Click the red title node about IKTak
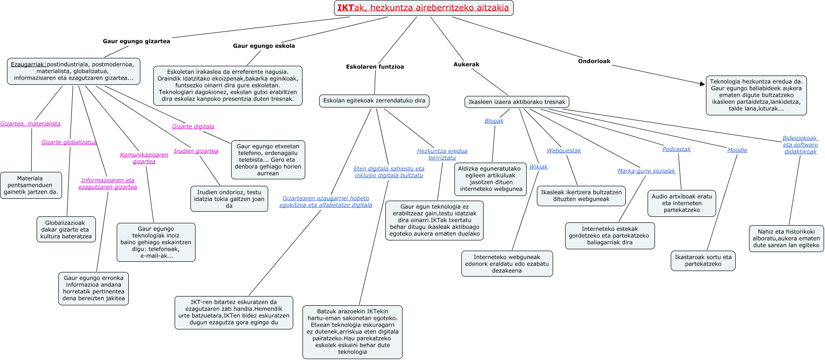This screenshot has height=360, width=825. (423, 8)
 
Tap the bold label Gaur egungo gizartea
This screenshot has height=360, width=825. (136, 41)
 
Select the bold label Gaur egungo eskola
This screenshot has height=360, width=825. (264, 46)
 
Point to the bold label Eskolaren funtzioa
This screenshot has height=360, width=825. (375, 67)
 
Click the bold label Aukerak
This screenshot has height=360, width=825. (466, 64)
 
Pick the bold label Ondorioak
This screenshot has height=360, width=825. (594, 61)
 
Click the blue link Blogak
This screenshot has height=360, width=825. (494, 121)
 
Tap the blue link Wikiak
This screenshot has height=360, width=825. (538, 167)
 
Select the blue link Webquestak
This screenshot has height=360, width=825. (564, 151)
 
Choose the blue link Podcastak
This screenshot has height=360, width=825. (676, 149)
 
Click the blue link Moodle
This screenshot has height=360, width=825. (737, 150)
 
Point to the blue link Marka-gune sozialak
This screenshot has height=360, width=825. (646, 171)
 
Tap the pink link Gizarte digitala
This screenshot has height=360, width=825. (193, 126)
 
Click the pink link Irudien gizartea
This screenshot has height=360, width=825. (196, 151)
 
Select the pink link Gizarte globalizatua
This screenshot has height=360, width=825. (69, 142)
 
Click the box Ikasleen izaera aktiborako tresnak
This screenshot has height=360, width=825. (517, 102)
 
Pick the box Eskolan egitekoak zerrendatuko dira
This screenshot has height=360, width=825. (374, 101)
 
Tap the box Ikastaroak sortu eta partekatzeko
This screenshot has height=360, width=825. (703, 260)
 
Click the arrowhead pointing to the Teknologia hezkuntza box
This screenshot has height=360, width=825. (702, 83)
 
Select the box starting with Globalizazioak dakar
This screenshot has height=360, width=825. (66, 229)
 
